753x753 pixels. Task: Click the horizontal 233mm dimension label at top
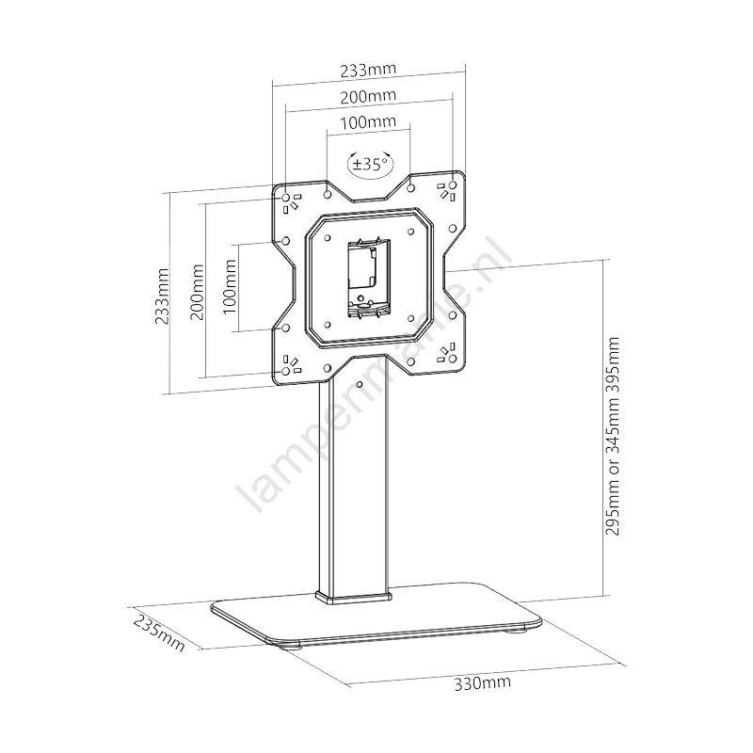tap(368, 70)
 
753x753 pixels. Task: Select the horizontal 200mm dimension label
tap(368, 96)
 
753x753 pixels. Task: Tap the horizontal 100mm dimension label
tap(368, 121)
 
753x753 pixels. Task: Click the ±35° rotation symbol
tap(370, 164)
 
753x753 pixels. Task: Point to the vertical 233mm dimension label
tap(162, 296)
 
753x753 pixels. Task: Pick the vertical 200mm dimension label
tap(197, 292)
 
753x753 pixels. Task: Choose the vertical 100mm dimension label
tap(229, 287)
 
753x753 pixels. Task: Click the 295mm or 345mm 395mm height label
tap(612, 436)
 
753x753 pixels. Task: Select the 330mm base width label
tap(483, 682)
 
